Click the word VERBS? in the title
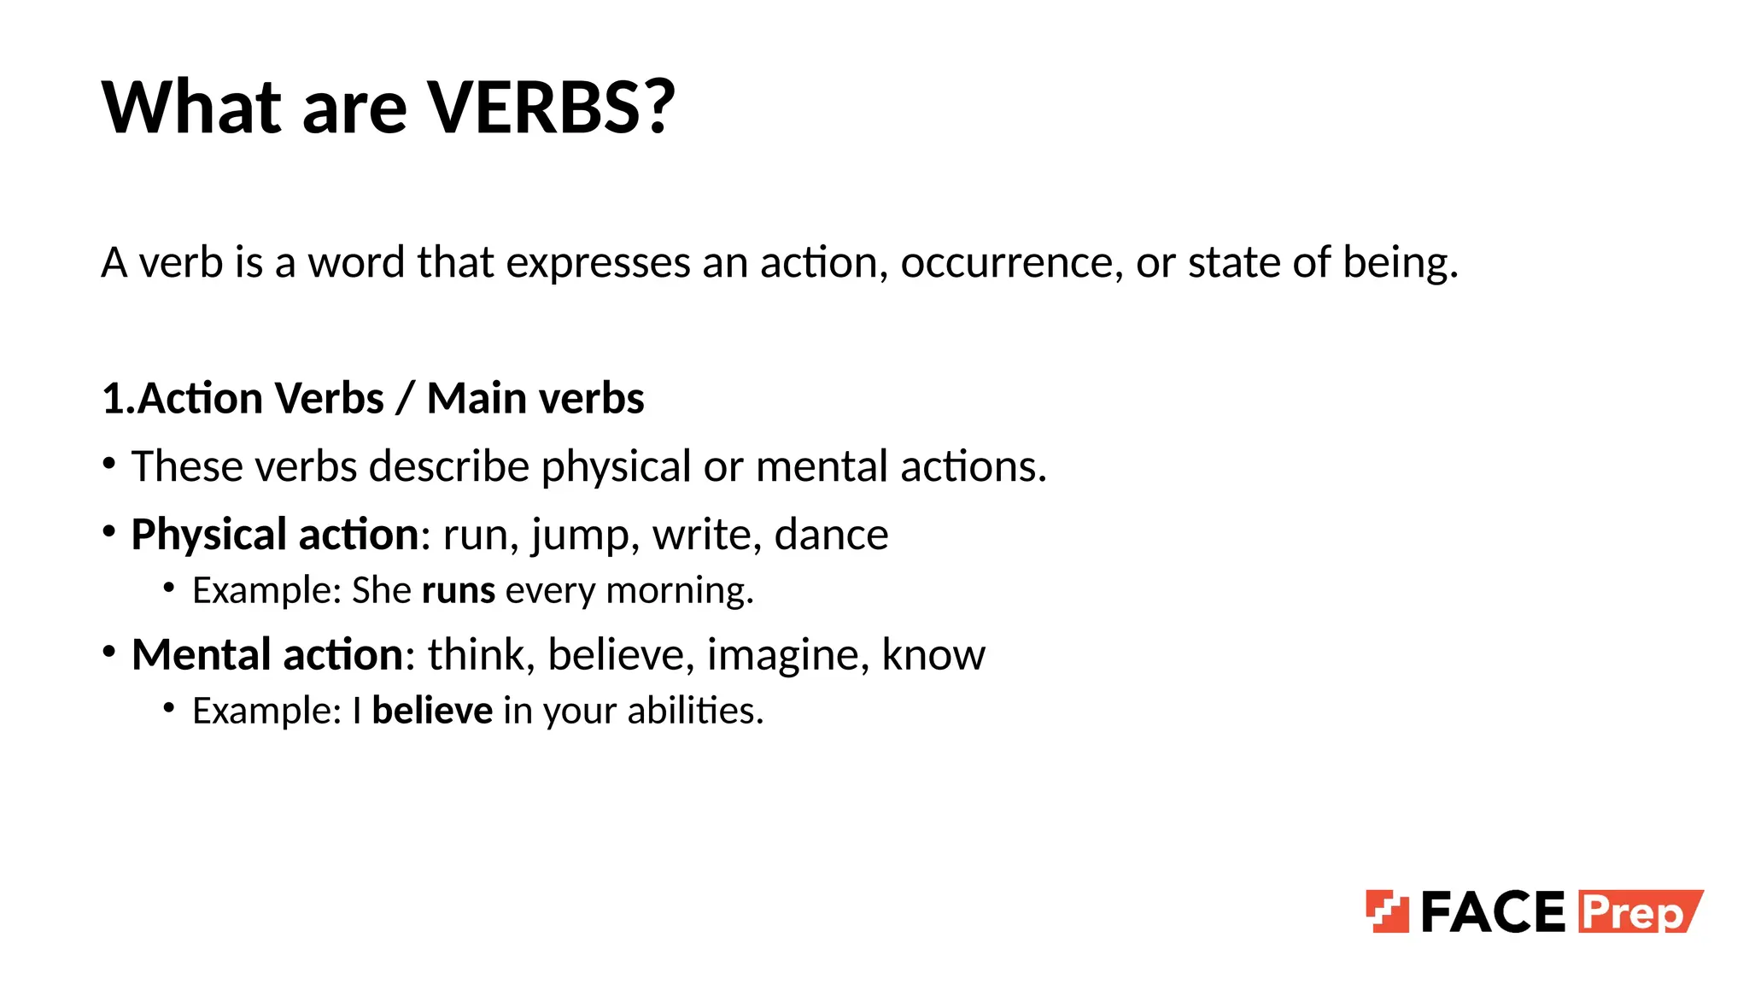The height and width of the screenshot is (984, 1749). [551, 108]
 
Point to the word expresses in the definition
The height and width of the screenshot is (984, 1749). [598, 262]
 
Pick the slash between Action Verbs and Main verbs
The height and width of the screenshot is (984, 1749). [405, 399]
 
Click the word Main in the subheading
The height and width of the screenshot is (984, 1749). [476, 399]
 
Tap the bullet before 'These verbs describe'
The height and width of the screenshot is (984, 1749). [108, 464]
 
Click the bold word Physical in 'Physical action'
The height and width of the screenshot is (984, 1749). [208, 536]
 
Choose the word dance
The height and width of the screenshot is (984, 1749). [831, 536]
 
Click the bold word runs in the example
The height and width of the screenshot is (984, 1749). [459, 591]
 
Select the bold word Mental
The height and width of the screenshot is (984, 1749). [202, 655]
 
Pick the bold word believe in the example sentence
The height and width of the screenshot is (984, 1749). [432, 711]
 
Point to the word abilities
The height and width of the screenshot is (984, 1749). [695, 711]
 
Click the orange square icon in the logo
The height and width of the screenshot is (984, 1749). [1387, 911]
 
